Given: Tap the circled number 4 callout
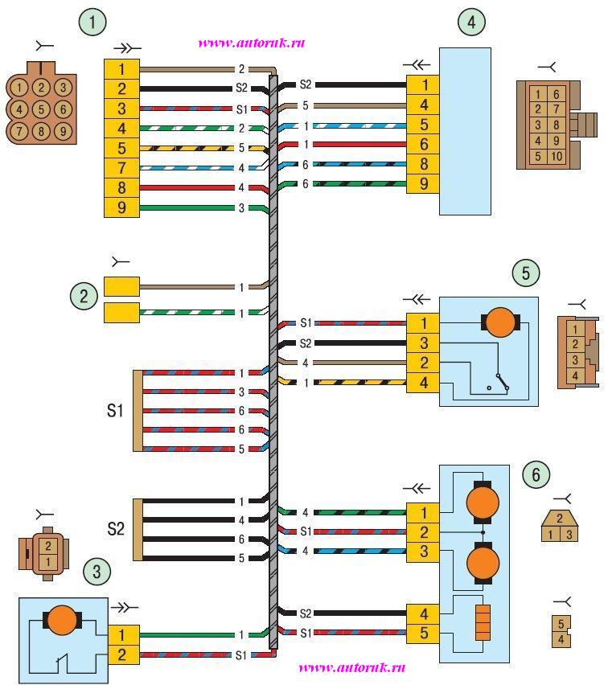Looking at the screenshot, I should click(471, 22).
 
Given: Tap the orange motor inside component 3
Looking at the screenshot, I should click(61, 621).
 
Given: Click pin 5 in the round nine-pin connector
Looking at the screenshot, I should click(41, 108).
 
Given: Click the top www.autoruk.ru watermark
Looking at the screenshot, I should click(251, 43).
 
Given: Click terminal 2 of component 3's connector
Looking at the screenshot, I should click(123, 655).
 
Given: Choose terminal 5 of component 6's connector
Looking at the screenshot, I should click(422, 634).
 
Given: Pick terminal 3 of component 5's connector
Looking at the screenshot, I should click(423, 343).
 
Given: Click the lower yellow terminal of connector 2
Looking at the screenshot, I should click(121, 313).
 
